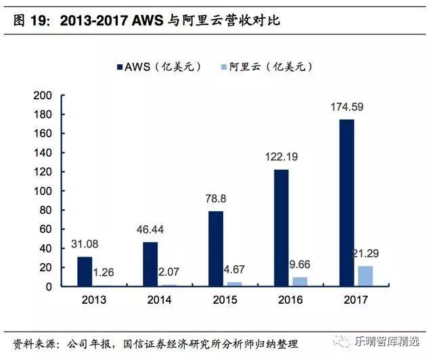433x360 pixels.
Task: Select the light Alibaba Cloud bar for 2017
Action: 365,276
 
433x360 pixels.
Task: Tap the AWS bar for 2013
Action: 84,271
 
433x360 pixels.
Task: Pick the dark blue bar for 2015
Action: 215,248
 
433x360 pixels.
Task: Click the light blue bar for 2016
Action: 299,282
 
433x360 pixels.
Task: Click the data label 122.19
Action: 280,156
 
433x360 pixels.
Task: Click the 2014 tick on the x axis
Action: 158,298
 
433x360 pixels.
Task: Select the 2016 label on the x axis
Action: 290,298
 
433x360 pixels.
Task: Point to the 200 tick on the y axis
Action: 43,95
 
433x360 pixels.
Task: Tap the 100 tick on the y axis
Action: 43,191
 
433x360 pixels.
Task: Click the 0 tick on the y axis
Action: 48,286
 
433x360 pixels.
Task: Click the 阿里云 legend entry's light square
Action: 224,67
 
